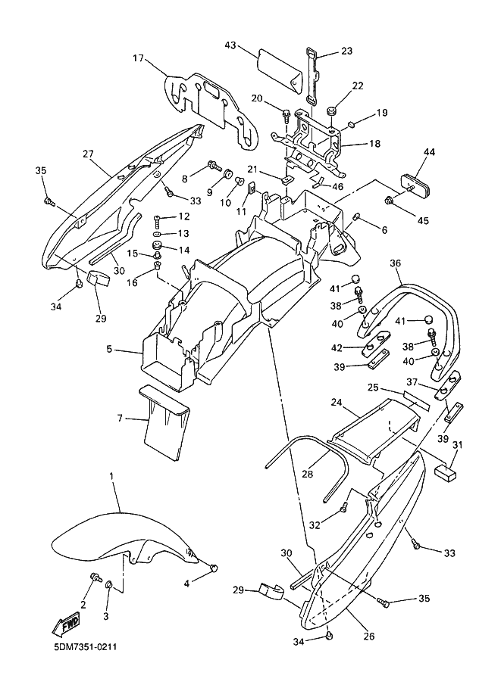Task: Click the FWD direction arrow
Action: [66, 625]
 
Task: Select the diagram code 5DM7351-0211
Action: [83, 648]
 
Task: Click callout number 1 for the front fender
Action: [111, 476]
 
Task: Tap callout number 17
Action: [139, 58]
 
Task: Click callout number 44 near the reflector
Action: [429, 152]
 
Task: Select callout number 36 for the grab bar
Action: [395, 263]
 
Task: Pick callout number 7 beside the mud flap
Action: [120, 418]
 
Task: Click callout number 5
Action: [108, 350]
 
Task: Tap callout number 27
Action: [88, 154]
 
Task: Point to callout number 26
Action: [369, 636]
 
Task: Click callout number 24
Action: [337, 403]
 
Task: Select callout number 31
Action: [457, 445]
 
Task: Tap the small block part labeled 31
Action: [446, 472]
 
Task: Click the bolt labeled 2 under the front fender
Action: [96, 577]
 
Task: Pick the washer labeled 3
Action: [108, 585]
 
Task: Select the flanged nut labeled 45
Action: [390, 201]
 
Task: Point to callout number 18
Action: [374, 143]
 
